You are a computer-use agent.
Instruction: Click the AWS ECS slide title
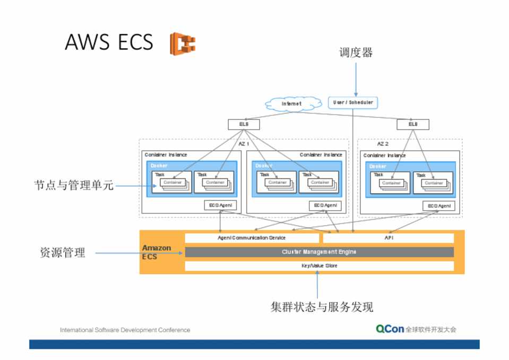point(109,42)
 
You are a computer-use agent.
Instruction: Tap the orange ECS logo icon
point(182,44)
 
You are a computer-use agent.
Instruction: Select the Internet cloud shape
point(291,104)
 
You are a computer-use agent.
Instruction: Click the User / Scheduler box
point(353,102)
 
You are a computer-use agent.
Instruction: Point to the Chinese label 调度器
point(356,53)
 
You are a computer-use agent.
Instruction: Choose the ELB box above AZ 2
point(412,124)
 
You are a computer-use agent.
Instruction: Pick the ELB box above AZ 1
point(244,125)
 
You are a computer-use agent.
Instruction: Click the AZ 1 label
point(243,144)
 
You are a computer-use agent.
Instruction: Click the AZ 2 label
point(383,144)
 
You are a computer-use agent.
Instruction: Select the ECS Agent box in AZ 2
point(439,206)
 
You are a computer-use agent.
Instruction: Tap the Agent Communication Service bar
point(252,238)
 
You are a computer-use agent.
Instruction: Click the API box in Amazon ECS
point(389,238)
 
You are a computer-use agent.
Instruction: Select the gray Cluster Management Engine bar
point(319,252)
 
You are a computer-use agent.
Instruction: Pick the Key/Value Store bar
point(319,265)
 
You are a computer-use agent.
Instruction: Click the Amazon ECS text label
point(156,252)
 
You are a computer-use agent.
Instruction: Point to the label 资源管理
point(63,253)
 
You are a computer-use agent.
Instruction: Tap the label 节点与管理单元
point(74,186)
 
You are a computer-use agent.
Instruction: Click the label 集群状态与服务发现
point(322,307)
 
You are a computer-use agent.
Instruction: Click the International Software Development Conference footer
point(125,330)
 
